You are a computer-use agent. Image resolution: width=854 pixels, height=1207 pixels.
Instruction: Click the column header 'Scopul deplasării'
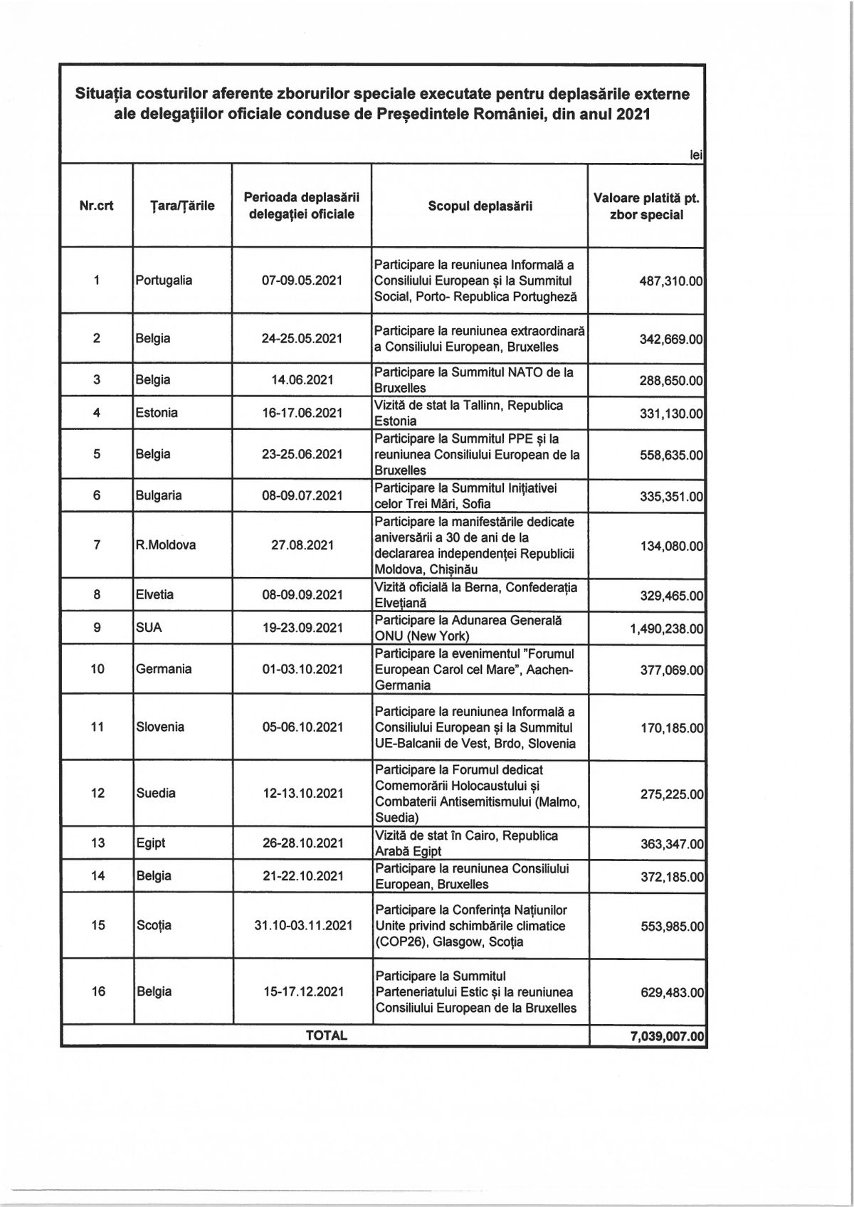(x=480, y=206)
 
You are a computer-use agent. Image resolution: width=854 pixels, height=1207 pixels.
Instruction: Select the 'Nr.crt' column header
(x=97, y=206)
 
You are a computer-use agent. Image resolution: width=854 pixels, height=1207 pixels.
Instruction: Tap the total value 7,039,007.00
(x=667, y=1035)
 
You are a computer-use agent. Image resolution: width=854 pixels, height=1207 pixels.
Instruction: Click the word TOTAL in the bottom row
(x=326, y=1035)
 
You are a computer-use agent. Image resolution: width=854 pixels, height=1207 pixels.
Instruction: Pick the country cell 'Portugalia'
(x=164, y=280)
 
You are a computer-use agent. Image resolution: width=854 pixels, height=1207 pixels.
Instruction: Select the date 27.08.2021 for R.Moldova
(x=302, y=545)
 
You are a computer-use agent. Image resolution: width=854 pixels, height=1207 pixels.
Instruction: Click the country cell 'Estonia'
(x=157, y=413)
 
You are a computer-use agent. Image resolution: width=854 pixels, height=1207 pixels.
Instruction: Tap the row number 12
(x=98, y=793)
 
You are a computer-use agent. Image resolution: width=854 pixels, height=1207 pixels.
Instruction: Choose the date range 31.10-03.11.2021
(x=302, y=925)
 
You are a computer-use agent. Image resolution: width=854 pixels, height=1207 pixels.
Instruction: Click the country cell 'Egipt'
(x=151, y=843)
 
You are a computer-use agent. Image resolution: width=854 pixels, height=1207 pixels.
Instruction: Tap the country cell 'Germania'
(x=161, y=669)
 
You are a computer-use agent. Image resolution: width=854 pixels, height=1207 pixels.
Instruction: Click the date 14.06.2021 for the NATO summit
(x=302, y=380)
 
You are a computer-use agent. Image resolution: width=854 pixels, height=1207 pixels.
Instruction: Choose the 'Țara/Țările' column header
(x=182, y=206)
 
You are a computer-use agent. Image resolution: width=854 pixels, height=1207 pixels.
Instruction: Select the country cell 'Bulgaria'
(x=159, y=495)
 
